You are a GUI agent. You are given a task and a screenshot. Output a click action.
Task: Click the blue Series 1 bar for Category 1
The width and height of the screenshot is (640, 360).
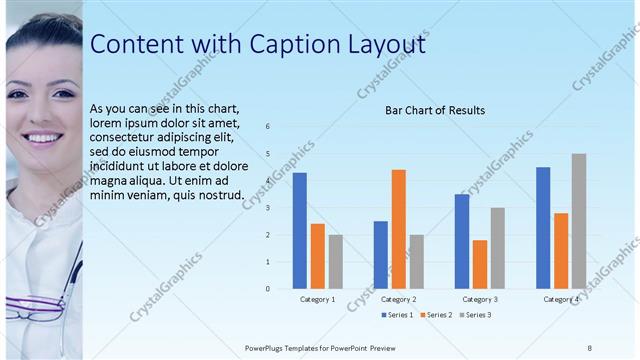299,231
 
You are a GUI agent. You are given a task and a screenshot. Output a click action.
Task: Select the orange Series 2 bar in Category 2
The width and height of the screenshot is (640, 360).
398,229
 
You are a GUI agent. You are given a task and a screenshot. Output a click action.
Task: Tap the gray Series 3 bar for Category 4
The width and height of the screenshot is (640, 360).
579,221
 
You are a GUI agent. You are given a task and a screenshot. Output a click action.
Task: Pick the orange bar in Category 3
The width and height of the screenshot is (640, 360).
480,264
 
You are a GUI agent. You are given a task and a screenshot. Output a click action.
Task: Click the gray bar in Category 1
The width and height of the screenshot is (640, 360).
335,262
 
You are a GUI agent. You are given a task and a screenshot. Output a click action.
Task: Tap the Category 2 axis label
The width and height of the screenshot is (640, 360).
398,299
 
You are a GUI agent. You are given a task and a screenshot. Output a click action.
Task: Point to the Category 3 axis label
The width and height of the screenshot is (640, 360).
480,299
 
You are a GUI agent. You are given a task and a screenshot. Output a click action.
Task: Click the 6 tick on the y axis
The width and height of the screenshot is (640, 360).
268,126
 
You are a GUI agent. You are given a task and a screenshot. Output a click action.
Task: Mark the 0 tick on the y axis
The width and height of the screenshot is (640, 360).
268,289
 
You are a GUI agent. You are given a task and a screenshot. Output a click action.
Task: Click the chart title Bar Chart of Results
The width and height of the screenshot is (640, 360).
435,110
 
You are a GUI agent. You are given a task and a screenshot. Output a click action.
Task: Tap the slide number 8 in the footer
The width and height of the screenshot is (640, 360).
590,347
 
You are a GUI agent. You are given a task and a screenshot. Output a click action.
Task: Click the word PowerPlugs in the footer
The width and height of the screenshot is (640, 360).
268,347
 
